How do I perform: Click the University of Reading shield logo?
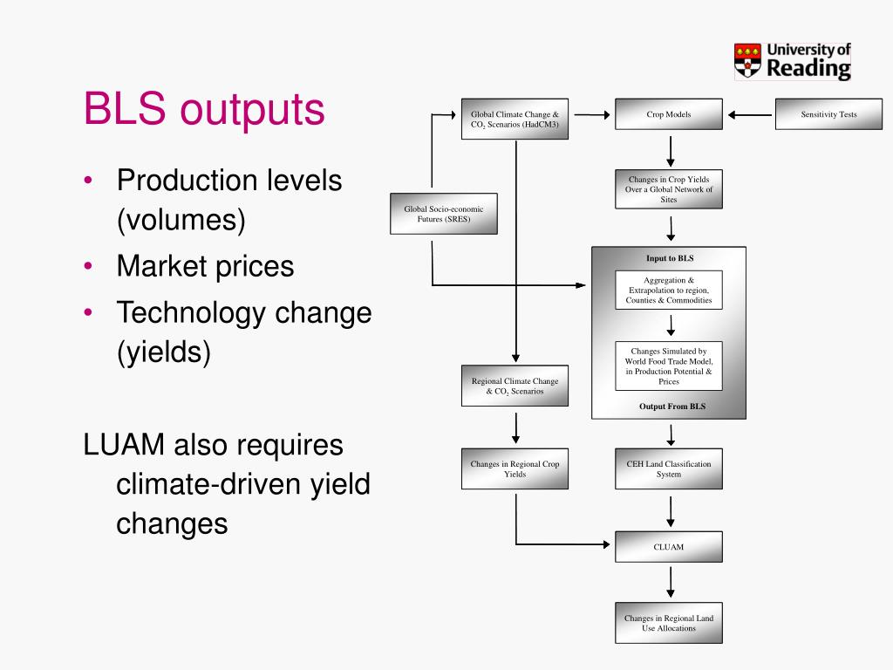(746, 60)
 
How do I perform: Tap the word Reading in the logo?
(808, 68)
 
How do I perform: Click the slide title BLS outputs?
(203, 110)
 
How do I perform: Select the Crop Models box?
(669, 114)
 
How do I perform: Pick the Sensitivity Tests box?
(828, 114)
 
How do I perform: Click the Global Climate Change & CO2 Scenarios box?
(515, 119)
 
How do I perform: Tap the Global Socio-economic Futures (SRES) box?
(443, 214)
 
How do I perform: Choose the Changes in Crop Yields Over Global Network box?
(669, 189)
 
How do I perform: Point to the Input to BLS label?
(670, 258)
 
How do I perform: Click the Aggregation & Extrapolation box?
(669, 290)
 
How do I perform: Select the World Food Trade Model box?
(669, 366)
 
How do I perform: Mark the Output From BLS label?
(670, 407)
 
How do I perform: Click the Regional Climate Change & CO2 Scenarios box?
(515, 386)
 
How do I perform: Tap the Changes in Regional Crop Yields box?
(515, 469)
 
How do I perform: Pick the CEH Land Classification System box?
(669, 469)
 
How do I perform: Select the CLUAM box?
(669, 547)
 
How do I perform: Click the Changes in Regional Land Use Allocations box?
(669, 623)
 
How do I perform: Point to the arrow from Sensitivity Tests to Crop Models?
(750, 114)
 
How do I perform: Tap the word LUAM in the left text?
(125, 445)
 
